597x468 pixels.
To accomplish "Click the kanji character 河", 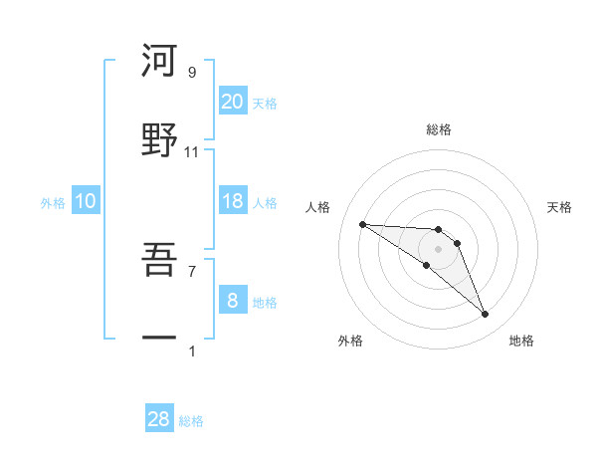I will coord(158,61).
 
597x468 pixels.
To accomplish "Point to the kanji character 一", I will coord(158,339).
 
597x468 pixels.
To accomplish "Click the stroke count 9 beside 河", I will coord(192,73).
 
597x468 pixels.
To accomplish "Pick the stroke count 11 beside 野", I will coord(192,151).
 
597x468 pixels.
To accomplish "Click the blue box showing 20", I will coord(232,101).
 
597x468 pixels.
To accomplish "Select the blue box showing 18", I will coord(232,201).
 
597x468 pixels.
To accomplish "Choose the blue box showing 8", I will coord(232,300).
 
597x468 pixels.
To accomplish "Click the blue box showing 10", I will coord(86,201).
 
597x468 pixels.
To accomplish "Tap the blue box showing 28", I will coord(159,419).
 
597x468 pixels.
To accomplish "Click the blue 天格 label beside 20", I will coord(265,104).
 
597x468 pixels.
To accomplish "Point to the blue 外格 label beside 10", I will coord(53,203).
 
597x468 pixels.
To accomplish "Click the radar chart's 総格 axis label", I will coord(439,129).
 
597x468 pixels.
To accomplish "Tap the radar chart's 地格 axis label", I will coord(521,341).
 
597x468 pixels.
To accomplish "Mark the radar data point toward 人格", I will coord(362,224).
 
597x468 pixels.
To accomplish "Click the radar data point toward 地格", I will coord(486,315).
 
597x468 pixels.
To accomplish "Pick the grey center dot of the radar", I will coord(439,249).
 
